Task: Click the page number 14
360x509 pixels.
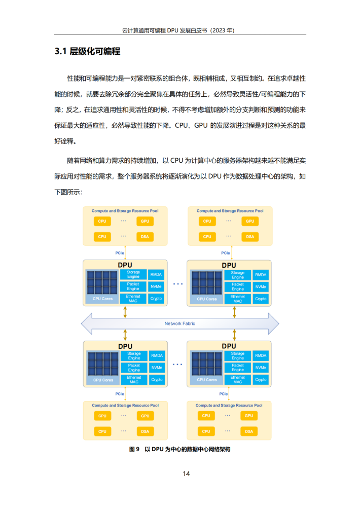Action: coord(186,474)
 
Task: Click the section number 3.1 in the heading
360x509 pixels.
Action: coord(60,51)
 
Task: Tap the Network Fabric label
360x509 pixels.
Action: coord(180,323)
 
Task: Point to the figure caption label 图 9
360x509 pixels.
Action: coord(134,449)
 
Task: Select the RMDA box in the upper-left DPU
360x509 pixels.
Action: coord(156,275)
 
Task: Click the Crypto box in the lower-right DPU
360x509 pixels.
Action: coord(261,380)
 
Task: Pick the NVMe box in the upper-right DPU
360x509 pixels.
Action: coord(261,287)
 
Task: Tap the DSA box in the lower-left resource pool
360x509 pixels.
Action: coord(145,431)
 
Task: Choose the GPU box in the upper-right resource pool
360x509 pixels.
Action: coord(250,221)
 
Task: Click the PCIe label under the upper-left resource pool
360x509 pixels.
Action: coord(120,253)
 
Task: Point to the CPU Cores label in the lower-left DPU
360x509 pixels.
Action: coord(103,380)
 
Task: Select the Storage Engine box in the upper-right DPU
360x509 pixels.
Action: coord(238,275)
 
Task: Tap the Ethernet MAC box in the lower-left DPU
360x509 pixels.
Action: coord(134,380)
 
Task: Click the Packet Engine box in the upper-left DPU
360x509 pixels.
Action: coord(133,286)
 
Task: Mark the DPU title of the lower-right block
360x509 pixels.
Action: coord(229,346)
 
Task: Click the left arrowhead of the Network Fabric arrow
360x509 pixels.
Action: coord(82,323)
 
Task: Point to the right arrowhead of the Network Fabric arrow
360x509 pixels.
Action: coord(278,323)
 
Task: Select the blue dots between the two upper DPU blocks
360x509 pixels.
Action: coord(178,284)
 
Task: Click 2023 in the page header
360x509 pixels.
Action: coord(219,30)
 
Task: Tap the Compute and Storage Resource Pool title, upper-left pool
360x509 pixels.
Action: coord(125,211)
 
